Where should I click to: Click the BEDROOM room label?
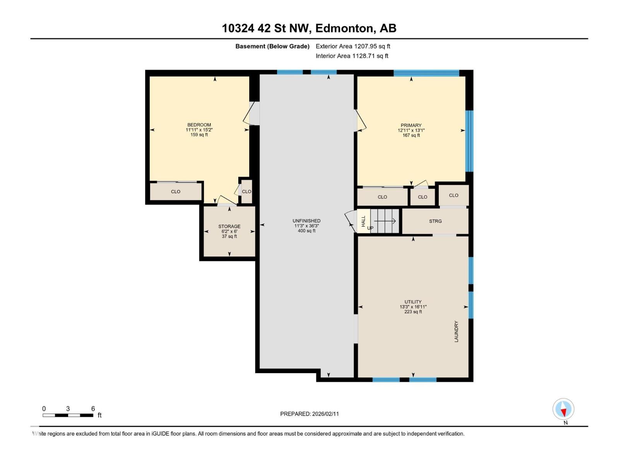[199, 125]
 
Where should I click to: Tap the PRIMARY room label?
[411, 125]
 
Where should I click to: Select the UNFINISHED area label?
[306, 221]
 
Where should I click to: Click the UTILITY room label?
[413, 302]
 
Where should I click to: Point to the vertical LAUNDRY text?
[456, 331]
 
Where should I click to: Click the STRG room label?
[435, 221]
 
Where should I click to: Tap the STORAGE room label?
[229, 227]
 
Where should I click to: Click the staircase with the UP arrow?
[385, 221]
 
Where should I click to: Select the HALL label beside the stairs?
[363, 221]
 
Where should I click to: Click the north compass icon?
[563, 409]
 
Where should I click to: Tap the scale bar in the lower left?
[68, 415]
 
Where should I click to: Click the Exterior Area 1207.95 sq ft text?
[353, 46]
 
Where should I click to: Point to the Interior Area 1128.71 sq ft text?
[352, 56]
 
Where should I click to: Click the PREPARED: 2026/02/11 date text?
[309, 414]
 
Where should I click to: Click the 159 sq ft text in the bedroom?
[199, 135]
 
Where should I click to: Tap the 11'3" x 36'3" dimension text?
[306, 226]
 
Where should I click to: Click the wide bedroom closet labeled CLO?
[176, 192]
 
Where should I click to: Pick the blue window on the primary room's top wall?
[426, 73]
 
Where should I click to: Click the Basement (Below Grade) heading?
[272, 46]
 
